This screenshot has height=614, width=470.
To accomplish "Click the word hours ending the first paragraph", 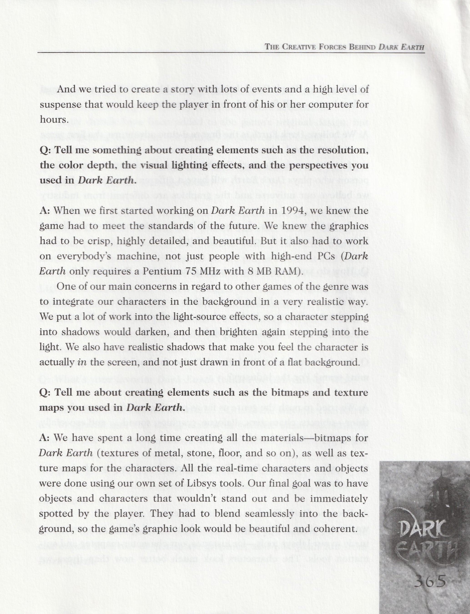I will (53, 120).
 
